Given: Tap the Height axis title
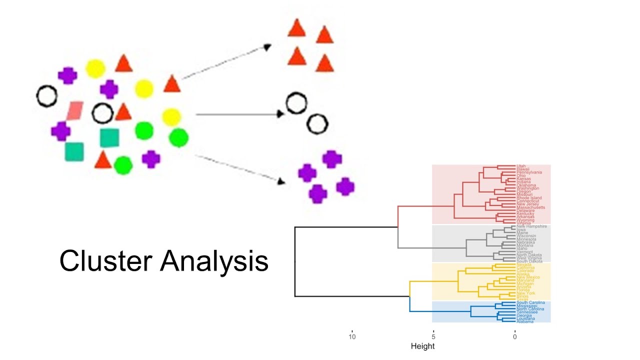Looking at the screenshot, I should point(422,346).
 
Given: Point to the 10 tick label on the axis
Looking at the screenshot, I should point(352,337).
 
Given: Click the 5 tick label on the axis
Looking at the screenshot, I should point(433,337).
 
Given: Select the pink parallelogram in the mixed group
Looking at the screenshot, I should point(75,110).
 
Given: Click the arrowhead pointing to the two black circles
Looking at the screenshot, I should point(280,114).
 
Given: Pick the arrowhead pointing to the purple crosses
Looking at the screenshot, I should point(281,181).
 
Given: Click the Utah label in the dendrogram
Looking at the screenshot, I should point(521,166).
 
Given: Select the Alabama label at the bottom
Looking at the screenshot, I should point(525,321).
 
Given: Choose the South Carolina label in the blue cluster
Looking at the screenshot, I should point(530,302).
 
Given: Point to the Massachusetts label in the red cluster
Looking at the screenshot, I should point(530,207).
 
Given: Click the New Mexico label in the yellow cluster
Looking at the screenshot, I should point(528,277).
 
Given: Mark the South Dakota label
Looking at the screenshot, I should point(529,261).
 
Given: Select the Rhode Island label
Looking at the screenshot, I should point(529,198).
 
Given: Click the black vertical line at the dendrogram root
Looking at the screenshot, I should point(295,261).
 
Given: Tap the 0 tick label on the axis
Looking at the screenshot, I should point(514,337).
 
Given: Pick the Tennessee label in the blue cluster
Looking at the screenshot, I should point(527,312).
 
